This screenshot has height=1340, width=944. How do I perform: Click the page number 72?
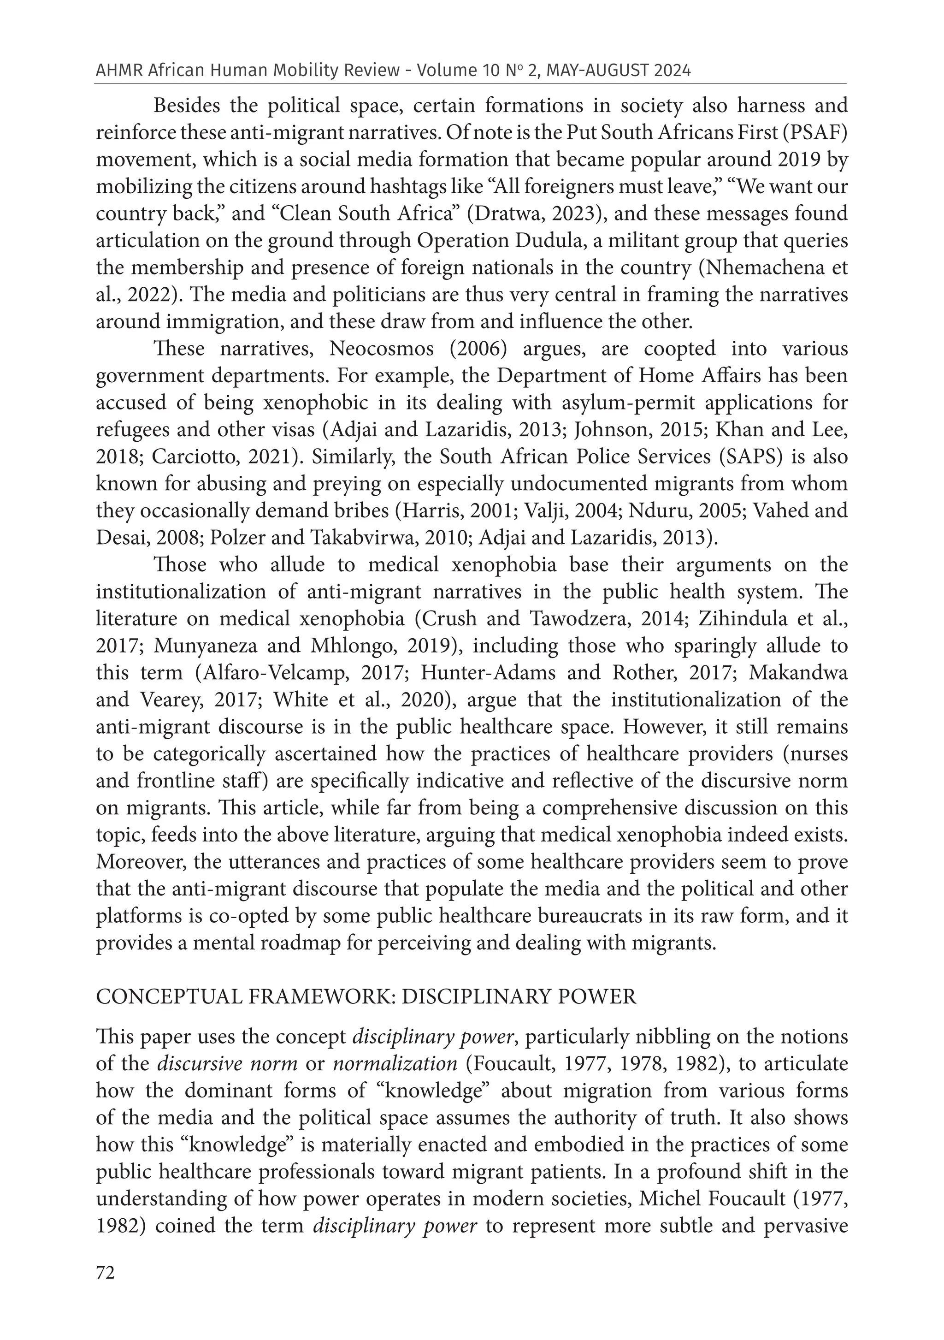pos(106,1272)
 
